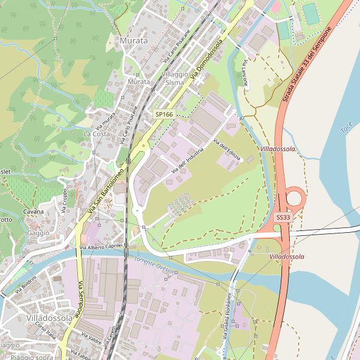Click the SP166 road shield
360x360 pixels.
164,114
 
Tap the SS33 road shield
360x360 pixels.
283,217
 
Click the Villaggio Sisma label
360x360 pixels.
175,78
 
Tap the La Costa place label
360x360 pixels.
97,134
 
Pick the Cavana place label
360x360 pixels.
34,211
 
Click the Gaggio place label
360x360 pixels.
38,233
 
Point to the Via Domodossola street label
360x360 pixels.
206,59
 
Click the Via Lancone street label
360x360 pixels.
245,73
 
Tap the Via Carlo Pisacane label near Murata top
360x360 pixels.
176,46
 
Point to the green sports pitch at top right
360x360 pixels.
310,14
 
